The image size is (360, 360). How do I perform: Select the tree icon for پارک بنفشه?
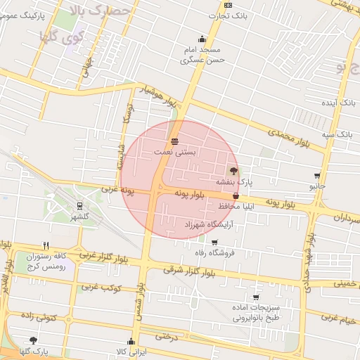(x=233, y=171)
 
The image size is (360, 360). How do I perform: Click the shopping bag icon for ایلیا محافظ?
(x=236, y=196)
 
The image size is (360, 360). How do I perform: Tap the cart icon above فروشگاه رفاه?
(x=214, y=243)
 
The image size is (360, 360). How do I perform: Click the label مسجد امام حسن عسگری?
(x=202, y=55)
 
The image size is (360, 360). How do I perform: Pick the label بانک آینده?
(x=339, y=103)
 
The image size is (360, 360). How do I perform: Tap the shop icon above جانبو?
(x=318, y=176)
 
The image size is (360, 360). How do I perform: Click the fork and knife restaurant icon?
(x=46, y=245)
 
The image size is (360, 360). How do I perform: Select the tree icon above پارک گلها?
(x=33, y=340)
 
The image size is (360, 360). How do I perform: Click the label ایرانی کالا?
(x=131, y=350)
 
